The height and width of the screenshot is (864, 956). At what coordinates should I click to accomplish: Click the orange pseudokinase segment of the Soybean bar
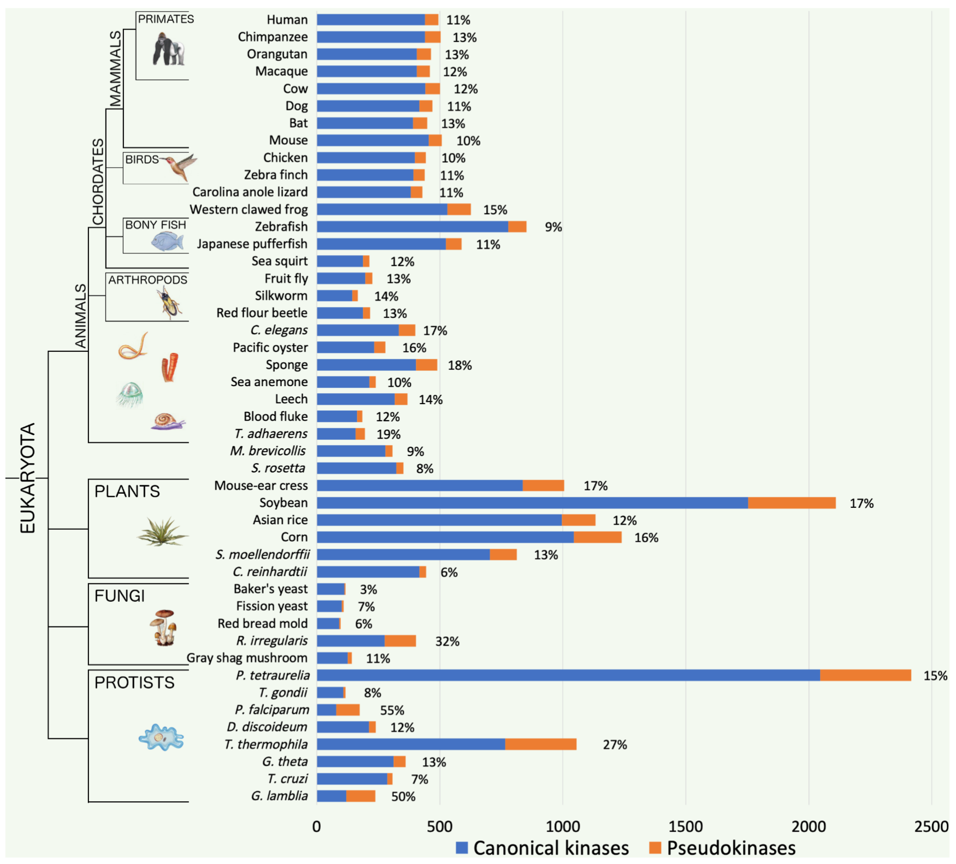point(792,503)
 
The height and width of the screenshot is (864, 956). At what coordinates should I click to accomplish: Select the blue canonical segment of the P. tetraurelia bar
point(568,676)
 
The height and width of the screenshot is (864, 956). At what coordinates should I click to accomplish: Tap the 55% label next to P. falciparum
point(392,711)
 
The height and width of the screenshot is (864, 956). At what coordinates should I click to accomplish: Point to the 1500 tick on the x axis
point(686,826)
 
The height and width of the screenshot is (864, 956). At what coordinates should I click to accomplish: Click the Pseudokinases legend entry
point(723,848)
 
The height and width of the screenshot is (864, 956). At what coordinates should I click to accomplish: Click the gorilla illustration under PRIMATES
point(169,49)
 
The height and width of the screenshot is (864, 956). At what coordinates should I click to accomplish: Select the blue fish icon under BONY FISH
point(167,241)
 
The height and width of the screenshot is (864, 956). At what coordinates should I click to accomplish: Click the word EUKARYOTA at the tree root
point(27,478)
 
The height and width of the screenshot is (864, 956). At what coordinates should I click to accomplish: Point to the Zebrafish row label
point(281,227)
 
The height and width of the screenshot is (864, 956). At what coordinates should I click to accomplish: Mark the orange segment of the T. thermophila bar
point(541,744)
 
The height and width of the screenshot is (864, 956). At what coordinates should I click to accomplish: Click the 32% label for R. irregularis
point(447,642)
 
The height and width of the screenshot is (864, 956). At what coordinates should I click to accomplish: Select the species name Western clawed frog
point(249,210)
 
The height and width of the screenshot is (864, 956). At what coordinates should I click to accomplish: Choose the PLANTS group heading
point(127,492)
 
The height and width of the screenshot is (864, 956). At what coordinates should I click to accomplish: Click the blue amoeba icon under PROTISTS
point(161,738)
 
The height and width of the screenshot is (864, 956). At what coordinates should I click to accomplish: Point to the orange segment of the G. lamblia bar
point(361,796)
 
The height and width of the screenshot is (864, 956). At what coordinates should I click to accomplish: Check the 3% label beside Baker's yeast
point(368,590)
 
